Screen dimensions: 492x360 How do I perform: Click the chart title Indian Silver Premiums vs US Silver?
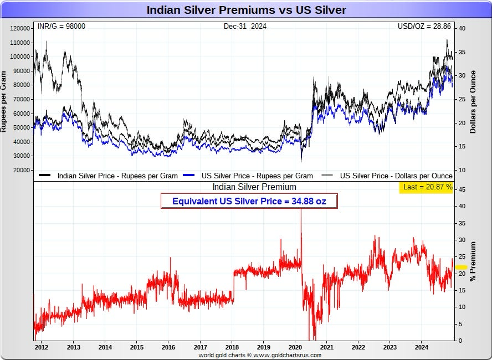pyautogui.click(x=247, y=10)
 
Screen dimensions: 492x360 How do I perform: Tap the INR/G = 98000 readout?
pyautogui.click(x=61, y=27)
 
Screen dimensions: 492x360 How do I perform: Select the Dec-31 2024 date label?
pyautogui.click(x=245, y=27)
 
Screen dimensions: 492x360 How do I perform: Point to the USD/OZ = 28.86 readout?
pyautogui.click(x=424, y=27)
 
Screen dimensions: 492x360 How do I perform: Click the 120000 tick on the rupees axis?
pyautogui.click(x=20, y=29)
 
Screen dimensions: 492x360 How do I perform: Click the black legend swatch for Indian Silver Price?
pyautogui.click(x=44, y=176)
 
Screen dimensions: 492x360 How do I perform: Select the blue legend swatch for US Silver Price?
pyautogui.click(x=188, y=176)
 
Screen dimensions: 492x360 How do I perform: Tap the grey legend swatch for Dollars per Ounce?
pyautogui.click(x=327, y=176)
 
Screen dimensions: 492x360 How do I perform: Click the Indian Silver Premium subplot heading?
pyautogui.click(x=254, y=187)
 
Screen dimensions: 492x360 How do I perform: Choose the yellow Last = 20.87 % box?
pyautogui.click(x=426, y=187)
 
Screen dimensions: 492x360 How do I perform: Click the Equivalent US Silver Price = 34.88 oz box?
pyautogui.click(x=249, y=201)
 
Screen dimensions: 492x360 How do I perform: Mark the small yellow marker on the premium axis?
pyautogui.click(x=461, y=267)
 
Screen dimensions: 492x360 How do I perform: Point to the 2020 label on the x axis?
pyautogui.click(x=295, y=347)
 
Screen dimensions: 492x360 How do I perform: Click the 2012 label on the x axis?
pyautogui.click(x=42, y=347)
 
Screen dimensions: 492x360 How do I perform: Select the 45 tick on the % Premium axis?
pyautogui.click(x=462, y=190)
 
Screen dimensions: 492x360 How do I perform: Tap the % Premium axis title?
pyautogui.click(x=473, y=261)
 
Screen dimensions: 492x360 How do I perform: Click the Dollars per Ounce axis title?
pyautogui.click(x=473, y=102)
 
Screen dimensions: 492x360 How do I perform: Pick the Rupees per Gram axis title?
pyautogui.click(x=3, y=101)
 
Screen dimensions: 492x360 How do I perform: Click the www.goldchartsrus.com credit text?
pyautogui.click(x=287, y=356)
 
